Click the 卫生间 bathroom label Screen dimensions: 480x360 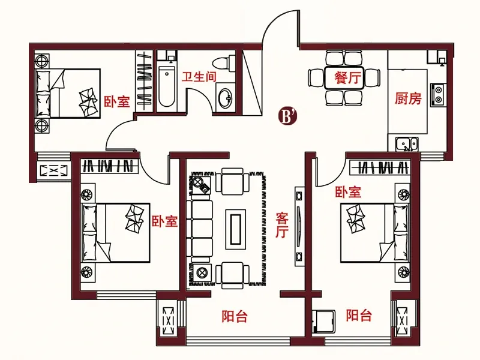(x=199, y=77)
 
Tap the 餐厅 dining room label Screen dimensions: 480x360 (x=348, y=77)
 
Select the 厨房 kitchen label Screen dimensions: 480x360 (x=408, y=98)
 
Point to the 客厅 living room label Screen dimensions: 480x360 (x=282, y=225)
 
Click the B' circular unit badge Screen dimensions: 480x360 (x=287, y=116)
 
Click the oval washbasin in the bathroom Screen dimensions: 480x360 (x=226, y=98)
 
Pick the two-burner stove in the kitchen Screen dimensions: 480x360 (x=438, y=95)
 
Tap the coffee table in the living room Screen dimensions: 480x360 (x=235, y=229)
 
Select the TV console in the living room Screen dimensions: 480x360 (x=299, y=227)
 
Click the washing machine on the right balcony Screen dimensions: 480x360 (x=324, y=322)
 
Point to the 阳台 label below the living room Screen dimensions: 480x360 (x=235, y=317)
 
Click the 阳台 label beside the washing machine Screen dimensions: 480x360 (x=359, y=316)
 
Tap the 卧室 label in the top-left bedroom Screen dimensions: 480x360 (x=117, y=101)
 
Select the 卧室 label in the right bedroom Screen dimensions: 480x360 (x=348, y=192)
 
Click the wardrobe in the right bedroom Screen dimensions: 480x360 (x=380, y=167)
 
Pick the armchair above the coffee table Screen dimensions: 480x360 (x=232, y=182)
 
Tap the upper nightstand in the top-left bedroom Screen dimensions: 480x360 (x=41, y=61)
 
